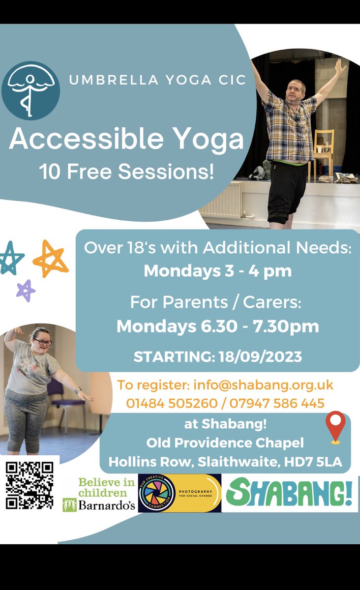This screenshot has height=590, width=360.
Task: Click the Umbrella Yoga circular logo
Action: (x=30, y=90)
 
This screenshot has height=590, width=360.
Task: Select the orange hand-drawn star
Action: (x=51, y=258)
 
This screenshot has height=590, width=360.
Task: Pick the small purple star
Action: (x=26, y=291)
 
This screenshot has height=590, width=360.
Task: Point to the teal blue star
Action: (x=11, y=258)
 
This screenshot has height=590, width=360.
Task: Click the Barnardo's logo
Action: (x=99, y=494)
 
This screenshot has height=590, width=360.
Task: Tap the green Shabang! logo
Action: (x=290, y=493)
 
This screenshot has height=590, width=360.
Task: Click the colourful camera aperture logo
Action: (x=157, y=493)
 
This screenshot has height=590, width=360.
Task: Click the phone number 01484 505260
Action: (x=172, y=403)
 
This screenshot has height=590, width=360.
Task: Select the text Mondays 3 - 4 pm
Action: (x=217, y=270)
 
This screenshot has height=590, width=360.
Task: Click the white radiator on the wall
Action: (x=220, y=199)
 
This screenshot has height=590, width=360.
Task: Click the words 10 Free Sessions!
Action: (x=126, y=173)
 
